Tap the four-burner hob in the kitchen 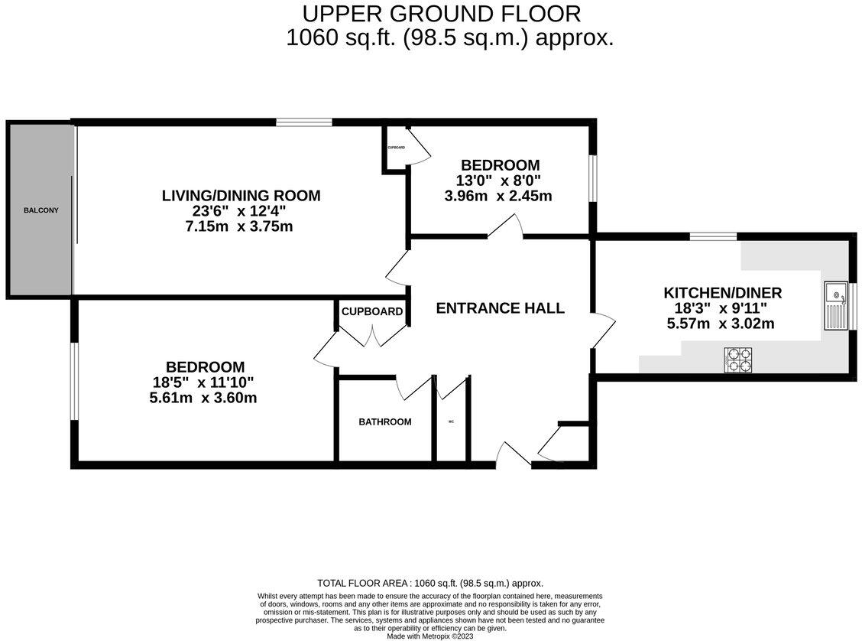click(x=738, y=359)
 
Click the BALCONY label click(x=41, y=210)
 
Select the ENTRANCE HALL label click(x=500, y=308)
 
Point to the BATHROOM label click(x=385, y=422)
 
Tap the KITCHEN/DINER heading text click(x=722, y=293)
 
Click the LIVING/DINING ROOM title click(x=241, y=196)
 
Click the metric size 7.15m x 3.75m click(x=241, y=227)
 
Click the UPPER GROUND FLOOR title click(x=442, y=14)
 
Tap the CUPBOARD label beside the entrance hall click(x=372, y=311)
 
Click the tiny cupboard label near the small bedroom click(x=396, y=147)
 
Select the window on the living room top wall click(x=304, y=122)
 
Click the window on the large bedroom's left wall click(x=74, y=381)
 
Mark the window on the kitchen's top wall click(x=713, y=236)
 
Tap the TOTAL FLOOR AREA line click(x=430, y=583)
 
